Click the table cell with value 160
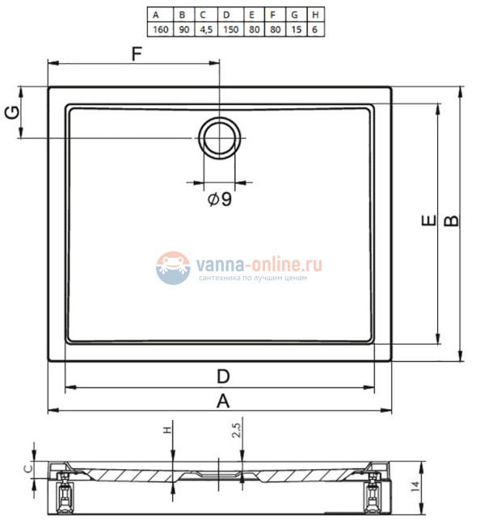(161, 29)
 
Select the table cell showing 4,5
(206, 29)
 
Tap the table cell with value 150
(231, 29)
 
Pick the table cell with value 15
(296, 29)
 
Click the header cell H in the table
(315, 15)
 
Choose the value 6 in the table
(315, 29)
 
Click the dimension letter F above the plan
(137, 53)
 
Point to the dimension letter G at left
(12, 112)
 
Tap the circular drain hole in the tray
(220, 138)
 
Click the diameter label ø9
(220, 199)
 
